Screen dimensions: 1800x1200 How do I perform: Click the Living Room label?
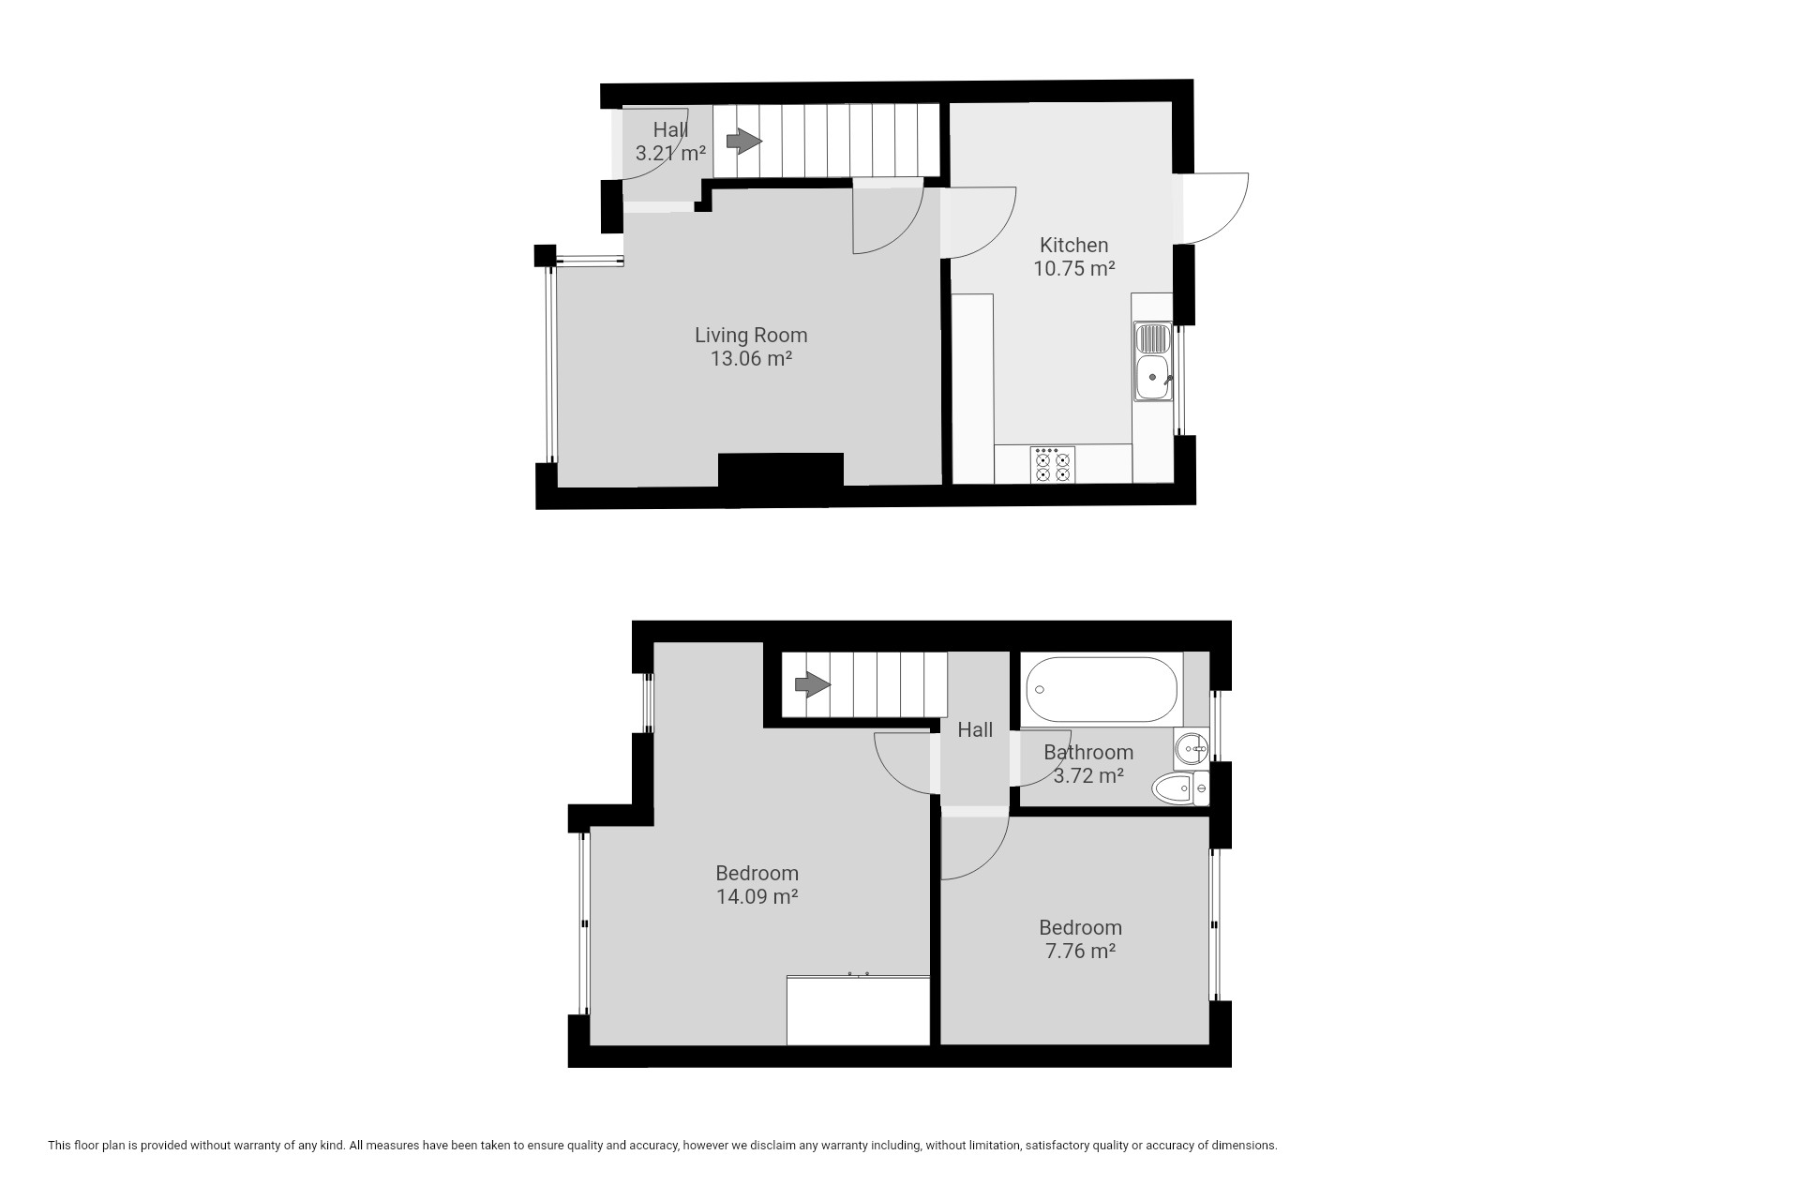click(751, 335)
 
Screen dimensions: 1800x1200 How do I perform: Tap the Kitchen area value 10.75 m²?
click(1074, 268)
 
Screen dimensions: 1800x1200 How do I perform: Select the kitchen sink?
click(1152, 361)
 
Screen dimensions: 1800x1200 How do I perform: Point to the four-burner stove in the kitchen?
click(1052, 465)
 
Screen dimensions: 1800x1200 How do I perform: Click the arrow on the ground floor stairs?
click(744, 142)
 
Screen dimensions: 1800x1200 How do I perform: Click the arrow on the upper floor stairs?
click(813, 685)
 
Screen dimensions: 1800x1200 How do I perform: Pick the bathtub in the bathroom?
click(1102, 689)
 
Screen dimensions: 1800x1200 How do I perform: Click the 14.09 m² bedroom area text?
click(757, 896)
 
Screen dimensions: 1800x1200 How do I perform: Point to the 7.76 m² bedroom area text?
click(1080, 951)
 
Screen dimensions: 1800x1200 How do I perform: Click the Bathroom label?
click(1088, 752)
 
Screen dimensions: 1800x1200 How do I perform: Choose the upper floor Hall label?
click(975, 729)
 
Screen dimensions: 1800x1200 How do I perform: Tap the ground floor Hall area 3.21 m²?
click(670, 153)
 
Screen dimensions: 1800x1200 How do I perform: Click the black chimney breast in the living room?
click(781, 470)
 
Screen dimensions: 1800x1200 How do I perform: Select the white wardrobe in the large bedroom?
click(858, 1011)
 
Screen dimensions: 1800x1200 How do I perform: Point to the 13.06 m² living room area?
click(751, 358)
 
